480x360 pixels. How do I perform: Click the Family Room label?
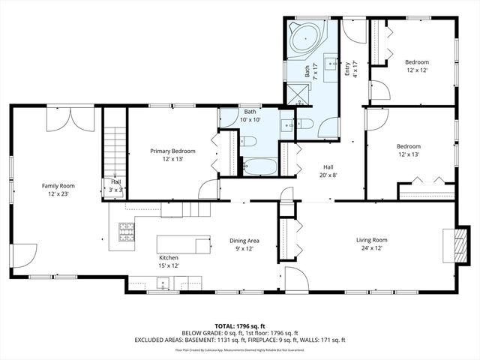(x=58, y=184)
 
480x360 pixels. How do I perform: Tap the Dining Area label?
(x=244, y=241)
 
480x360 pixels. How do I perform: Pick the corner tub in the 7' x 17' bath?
(x=304, y=38)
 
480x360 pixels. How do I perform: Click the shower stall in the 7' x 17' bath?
(x=299, y=94)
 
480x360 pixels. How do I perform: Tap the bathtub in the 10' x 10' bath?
(x=260, y=166)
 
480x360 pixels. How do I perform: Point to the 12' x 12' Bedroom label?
(x=417, y=65)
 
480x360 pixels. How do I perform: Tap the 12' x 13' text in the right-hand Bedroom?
(x=409, y=154)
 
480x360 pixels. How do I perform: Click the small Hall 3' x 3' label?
(x=115, y=185)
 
